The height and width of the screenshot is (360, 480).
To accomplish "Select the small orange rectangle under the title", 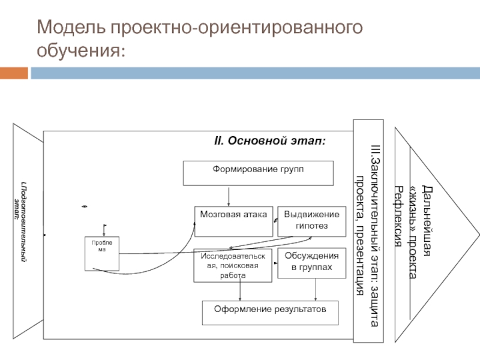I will click(x=14, y=73).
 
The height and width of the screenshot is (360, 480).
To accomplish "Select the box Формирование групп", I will click(x=258, y=173).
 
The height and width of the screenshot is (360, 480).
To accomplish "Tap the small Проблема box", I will click(x=101, y=253).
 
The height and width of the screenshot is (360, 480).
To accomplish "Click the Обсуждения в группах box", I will click(x=311, y=263).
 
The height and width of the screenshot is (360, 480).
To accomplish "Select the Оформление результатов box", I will click(x=269, y=313).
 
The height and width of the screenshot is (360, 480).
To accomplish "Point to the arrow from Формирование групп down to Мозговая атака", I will click(x=229, y=196).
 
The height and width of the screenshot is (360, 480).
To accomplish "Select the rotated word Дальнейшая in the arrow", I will click(x=427, y=222).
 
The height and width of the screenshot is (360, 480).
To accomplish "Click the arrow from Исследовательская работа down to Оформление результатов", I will click(x=240, y=292).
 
